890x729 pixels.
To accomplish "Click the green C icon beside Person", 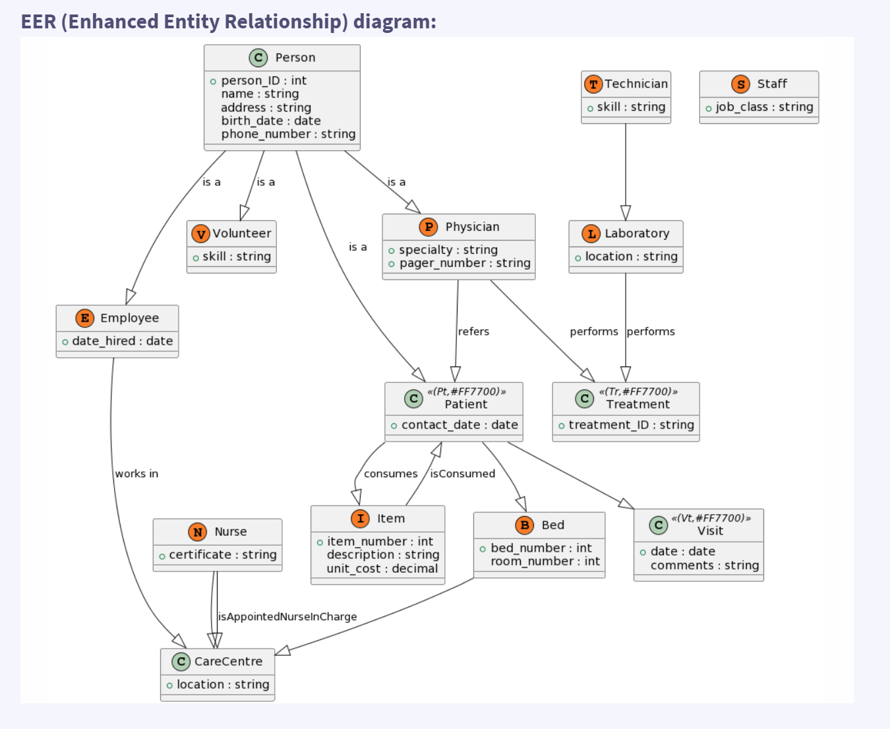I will (258, 58).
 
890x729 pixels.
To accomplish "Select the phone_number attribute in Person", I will (288, 134).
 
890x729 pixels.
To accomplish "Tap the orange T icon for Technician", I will (593, 84).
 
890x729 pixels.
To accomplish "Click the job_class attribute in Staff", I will (764, 107).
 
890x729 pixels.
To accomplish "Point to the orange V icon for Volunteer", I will (200, 234).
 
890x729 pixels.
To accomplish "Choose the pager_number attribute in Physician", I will (464, 263).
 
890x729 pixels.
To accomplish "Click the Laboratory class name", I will (636, 233).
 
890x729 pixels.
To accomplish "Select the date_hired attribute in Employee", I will (122, 341).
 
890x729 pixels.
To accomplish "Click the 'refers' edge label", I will (473, 332).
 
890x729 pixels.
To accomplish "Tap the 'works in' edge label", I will (136, 474).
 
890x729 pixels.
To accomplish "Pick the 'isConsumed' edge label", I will (462, 474).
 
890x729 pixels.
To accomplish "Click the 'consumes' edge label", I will (390, 474).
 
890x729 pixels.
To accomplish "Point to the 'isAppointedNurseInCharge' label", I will (287, 617).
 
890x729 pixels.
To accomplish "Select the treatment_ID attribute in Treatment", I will (631, 425).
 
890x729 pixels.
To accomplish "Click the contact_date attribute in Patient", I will (459, 425).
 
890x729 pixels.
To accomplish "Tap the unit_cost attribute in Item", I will (382, 569).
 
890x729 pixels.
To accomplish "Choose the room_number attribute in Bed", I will (545, 562).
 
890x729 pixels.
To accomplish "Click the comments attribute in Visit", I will (704, 566).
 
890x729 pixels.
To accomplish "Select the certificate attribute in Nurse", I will (222, 555).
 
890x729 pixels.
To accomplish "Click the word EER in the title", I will (38, 22).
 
